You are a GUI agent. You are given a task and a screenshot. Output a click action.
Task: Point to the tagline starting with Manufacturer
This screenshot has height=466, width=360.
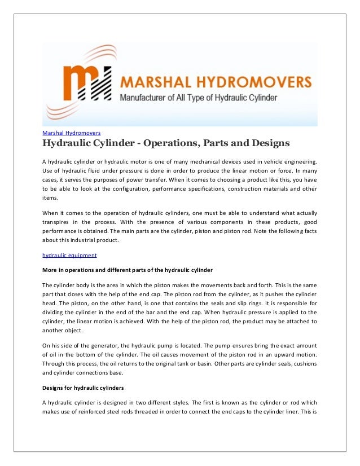197,98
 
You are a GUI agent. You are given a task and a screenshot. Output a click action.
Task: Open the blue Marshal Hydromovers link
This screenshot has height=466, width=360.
72,133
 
